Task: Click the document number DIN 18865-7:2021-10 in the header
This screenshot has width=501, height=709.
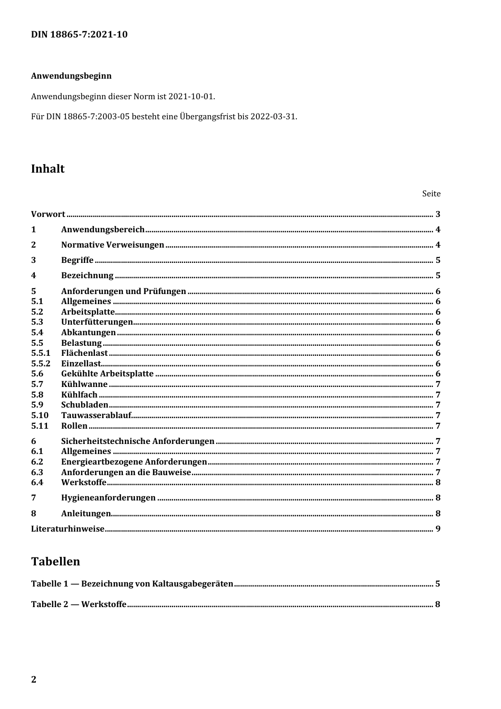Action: (79, 35)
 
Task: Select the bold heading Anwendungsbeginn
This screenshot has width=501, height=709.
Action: (71, 76)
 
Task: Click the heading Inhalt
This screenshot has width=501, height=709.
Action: (48, 169)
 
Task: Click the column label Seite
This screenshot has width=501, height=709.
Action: (431, 194)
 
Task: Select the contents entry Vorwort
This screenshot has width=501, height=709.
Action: (48, 214)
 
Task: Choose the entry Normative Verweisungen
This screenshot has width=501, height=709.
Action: (112, 245)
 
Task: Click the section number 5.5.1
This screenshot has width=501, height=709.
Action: (41, 353)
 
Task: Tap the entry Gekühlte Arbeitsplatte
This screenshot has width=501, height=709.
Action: (107, 374)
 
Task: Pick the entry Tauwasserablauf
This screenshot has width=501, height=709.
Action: (96, 415)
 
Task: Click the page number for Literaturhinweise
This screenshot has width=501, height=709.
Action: (438, 529)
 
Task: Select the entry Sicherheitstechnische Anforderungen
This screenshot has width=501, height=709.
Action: (138, 441)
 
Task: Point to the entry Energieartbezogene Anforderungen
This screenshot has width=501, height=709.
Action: (134, 462)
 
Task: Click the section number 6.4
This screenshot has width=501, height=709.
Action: (37, 483)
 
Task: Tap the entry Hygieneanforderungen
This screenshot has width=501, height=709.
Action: (108, 498)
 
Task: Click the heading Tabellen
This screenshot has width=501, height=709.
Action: (55, 562)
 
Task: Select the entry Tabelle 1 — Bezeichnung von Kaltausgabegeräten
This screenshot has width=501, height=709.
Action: (132, 584)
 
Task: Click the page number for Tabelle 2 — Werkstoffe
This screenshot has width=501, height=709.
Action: (438, 604)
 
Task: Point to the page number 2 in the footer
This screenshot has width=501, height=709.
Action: (34, 679)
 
